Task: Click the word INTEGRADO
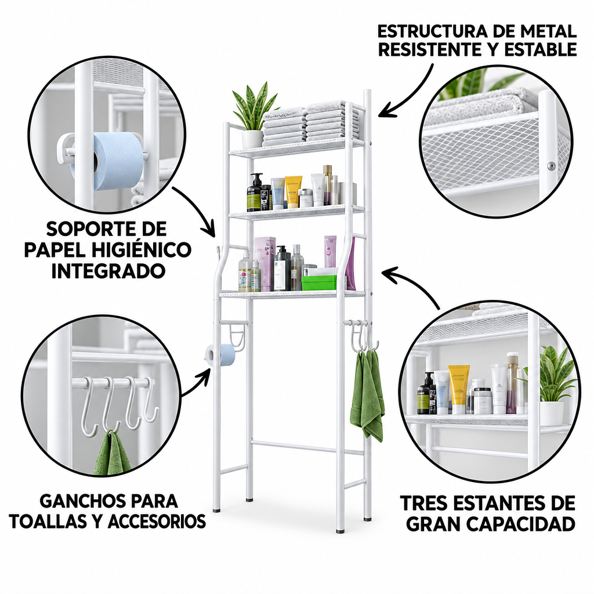tap(108, 271)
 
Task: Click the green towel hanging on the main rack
tap(367, 394)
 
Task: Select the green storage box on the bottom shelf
tap(318, 282)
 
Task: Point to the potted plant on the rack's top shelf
tap(253, 115)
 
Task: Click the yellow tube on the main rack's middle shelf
tap(293, 191)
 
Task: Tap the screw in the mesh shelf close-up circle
tap(552, 165)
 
